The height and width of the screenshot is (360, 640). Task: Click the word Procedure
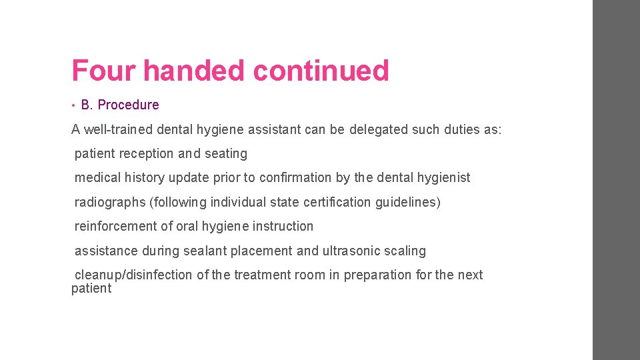pos(128,105)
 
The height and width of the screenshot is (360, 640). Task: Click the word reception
pos(147,154)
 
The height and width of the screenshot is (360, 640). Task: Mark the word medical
pos(97,178)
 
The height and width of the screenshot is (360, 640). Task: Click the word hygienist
pos(443,178)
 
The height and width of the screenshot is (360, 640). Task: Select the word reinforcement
pos(115,227)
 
